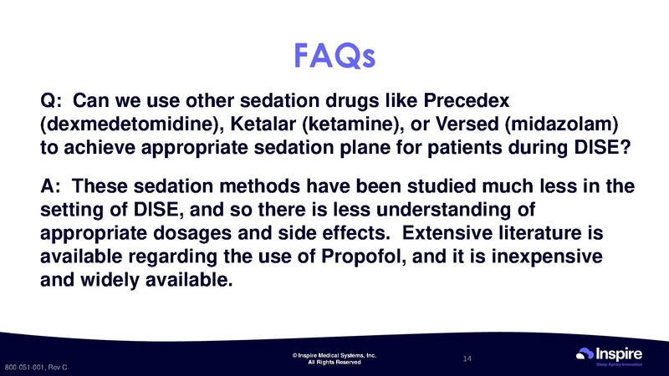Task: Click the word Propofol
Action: pos(366,257)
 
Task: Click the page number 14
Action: pos(467,358)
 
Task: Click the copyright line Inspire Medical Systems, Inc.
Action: pos(334,356)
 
